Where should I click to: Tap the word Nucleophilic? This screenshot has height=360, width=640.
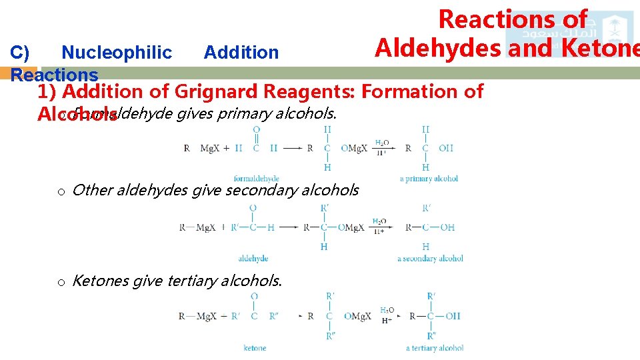(117, 52)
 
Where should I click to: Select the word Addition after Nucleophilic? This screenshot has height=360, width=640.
(241, 52)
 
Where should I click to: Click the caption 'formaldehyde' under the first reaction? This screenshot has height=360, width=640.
(257, 178)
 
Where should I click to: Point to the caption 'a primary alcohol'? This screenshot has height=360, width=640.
(429, 178)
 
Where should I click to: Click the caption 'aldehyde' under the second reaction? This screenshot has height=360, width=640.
(253, 258)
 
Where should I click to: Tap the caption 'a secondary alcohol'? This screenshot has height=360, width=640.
(430, 258)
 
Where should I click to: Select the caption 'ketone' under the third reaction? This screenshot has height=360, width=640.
(255, 347)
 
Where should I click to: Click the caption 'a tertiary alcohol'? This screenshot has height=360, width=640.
(434, 347)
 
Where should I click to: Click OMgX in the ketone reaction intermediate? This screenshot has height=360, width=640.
(357, 316)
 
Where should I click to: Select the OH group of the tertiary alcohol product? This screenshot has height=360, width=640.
(453, 316)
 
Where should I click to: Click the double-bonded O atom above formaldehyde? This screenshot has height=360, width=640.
(257, 129)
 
